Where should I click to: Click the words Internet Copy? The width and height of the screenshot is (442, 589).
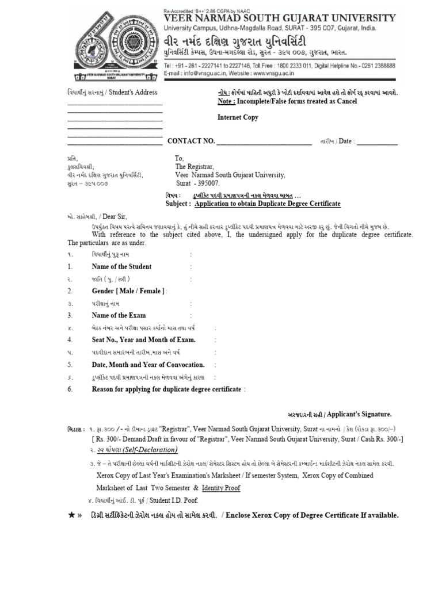238,117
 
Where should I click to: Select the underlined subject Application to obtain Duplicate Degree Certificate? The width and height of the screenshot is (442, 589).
268,204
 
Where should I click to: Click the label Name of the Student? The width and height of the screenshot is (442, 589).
121,266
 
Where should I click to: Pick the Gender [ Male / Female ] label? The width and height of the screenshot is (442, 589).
128,291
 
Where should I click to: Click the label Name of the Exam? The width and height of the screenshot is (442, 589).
119,315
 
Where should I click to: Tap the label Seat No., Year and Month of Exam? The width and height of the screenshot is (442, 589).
143,340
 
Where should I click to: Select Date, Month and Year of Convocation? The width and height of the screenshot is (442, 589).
148,365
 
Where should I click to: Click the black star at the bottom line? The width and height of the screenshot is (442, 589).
71,515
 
